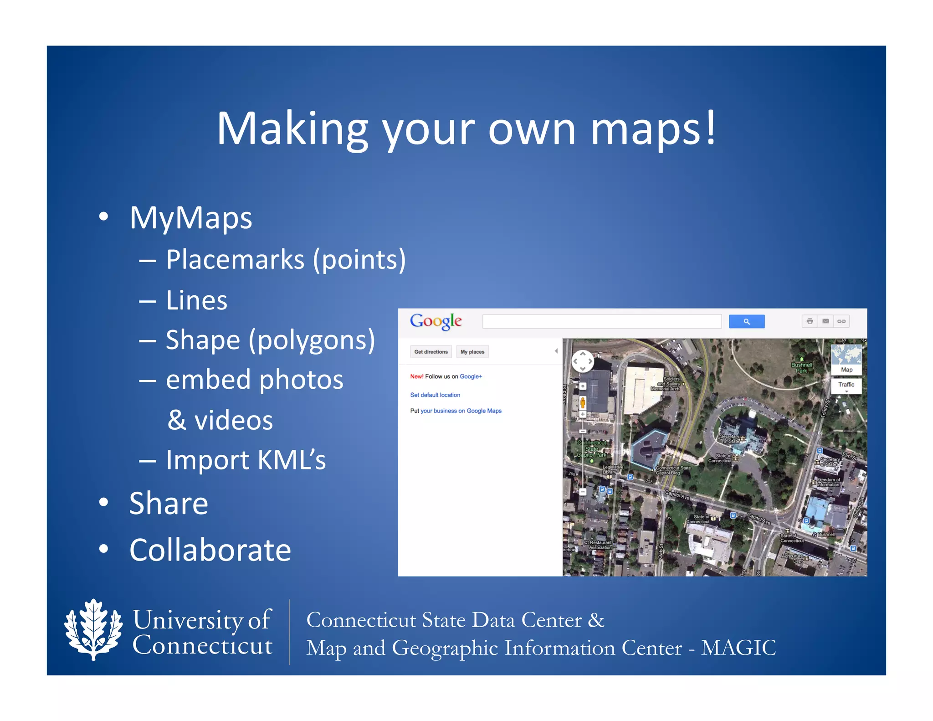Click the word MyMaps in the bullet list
coord(190,218)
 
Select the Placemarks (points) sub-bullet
coord(285,260)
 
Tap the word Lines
coord(196,300)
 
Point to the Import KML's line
coord(246,459)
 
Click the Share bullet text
coord(169,504)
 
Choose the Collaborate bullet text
coord(210,550)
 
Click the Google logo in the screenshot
coord(436,321)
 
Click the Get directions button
coord(431,352)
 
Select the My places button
coord(472,352)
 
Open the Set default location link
coord(435,395)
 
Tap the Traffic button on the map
coord(846,385)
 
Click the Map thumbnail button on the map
coord(846,359)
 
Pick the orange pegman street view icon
coord(582,402)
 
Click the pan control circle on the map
coord(583,361)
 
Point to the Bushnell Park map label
coord(801,367)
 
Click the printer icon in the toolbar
coord(810,321)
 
